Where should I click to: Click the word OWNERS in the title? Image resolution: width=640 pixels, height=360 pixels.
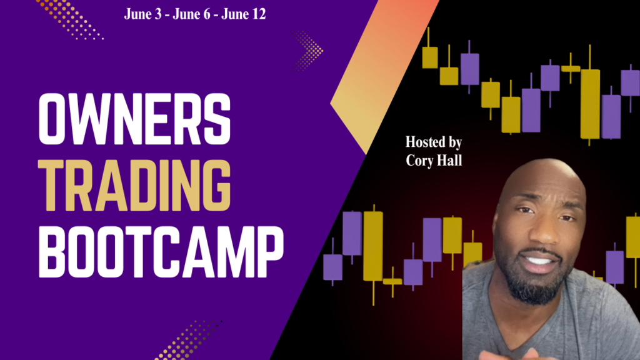(x=135, y=119)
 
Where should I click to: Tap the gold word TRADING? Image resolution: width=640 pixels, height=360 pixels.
(x=135, y=186)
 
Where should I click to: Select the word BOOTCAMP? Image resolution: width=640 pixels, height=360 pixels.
(x=161, y=252)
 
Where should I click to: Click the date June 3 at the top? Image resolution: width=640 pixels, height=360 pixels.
(x=143, y=14)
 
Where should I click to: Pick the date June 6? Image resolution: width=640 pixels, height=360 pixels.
(x=191, y=14)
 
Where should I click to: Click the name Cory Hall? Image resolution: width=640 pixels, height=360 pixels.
(x=434, y=161)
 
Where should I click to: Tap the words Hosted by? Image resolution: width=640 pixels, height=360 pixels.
(x=434, y=142)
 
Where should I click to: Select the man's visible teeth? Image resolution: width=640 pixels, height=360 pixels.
(x=538, y=260)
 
